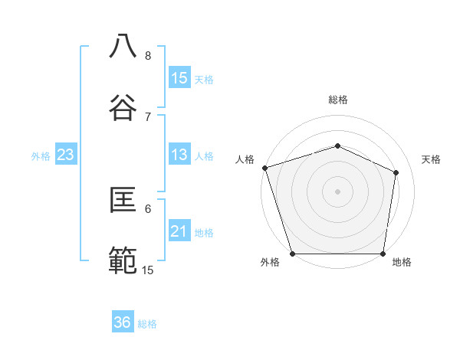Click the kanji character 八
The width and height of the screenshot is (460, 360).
click(x=123, y=46)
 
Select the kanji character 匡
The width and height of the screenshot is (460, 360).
click(x=123, y=200)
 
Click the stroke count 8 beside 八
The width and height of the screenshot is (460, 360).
click(x=148, y=56)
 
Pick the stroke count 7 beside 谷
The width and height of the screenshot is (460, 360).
click(x=148, y=116)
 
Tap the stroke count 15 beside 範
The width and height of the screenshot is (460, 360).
click(x=148, y=270)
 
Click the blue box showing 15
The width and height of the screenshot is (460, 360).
click(x=179, y=78)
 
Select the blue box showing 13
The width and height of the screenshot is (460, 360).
click(x=179, y=155)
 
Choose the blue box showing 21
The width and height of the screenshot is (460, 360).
click(x=179, y=231)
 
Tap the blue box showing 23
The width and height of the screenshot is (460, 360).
click(x=66, y=155)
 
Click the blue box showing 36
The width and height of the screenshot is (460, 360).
click(x=123, y=322)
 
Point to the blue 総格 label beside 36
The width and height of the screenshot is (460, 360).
click(x=148, y=324)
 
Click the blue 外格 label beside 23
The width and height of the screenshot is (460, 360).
click(x=41, y=156)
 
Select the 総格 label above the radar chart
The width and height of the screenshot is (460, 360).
click(x=337, y=100)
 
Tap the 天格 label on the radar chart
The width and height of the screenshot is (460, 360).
click(x=431, y=159)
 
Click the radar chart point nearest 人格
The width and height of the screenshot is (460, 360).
click(x=264, y=168)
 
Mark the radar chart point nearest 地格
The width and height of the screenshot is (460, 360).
click(x=383, y=254)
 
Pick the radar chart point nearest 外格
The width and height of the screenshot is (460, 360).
click(x=292, y=254)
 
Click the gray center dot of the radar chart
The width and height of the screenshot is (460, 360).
click(x=337, y=191)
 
